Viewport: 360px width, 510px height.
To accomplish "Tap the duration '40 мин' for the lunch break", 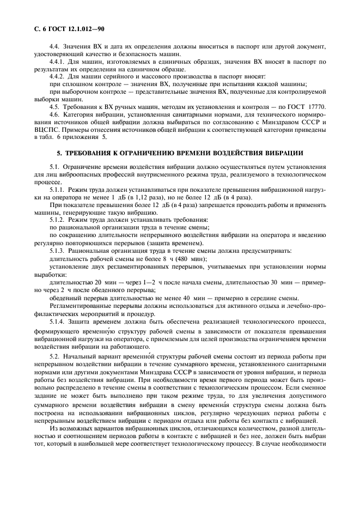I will click(x=193, y=297).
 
